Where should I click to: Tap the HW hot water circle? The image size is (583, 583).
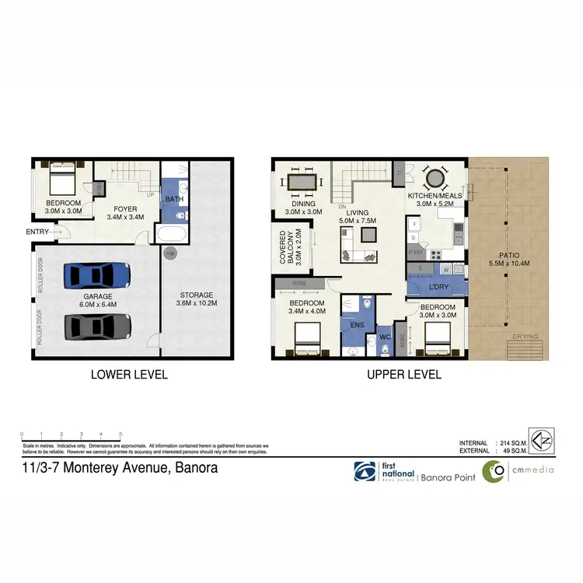click(169, 252)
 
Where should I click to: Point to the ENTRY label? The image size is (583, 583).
click(37, 232)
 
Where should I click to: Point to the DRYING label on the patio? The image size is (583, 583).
click(525, 337)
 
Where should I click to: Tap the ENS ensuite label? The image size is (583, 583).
click(358, 326)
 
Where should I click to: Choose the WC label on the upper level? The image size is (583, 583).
click(384, 337)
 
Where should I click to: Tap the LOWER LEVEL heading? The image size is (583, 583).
click(129, 374)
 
